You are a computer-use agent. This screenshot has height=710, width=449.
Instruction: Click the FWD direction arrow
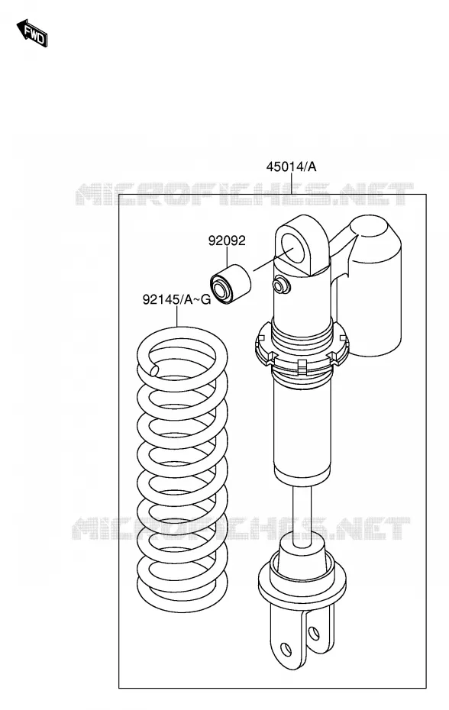(32, 33)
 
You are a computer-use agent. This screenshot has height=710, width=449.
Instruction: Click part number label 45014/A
(292, 167)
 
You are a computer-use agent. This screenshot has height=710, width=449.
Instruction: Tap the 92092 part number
(227, 240)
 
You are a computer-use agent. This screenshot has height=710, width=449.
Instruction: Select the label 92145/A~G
(176, 299)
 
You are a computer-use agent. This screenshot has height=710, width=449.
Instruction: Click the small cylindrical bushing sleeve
(230, 284)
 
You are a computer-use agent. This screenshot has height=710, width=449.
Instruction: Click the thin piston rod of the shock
(302, 511)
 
